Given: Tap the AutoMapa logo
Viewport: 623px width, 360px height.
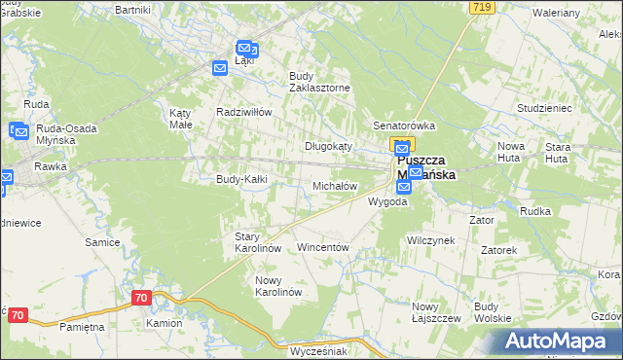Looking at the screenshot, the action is tap(563, 341).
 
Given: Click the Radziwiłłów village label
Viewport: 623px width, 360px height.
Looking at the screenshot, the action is tap(243, 111).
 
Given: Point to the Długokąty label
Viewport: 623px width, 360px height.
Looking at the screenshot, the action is tap(328, 145).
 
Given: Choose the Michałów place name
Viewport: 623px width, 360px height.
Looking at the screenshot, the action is tap(335, 185).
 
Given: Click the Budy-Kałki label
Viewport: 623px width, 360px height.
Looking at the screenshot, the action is tap(241, 179).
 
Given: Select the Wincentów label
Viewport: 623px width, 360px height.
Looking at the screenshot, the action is tap(322, 247).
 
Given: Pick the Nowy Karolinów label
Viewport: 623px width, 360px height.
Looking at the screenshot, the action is tap(279, 286).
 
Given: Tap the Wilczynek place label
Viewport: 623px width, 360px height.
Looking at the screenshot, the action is tap(431, 239).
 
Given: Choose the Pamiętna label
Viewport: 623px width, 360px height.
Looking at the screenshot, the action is tap(81, 327).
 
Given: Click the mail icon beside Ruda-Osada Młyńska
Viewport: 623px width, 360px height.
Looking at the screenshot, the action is tap(18, 129).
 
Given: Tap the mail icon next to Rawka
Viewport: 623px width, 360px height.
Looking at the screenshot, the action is tap(5, 177).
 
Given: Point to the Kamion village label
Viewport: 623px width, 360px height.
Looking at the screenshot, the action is tap(164, 322).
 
